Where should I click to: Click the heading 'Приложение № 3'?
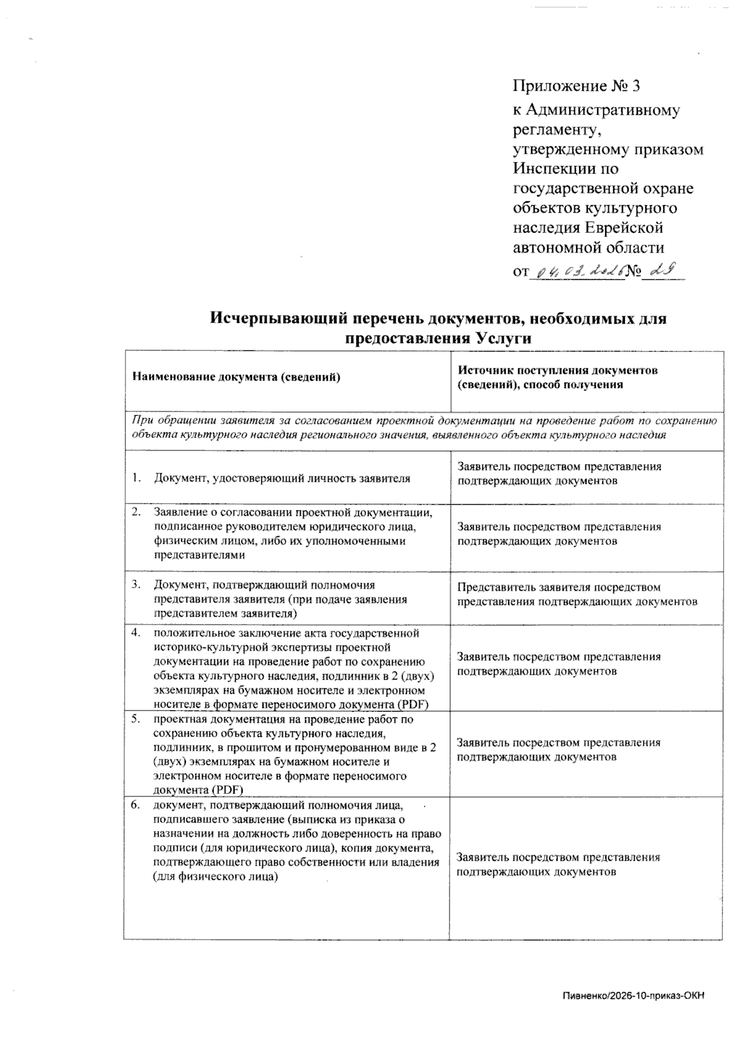pos(580,85)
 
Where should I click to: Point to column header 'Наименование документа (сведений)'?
pos(236,377)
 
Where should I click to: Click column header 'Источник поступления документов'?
pos(557,371)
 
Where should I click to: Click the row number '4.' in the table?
pos(136,633)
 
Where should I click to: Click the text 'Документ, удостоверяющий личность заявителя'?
pos(282,478)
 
